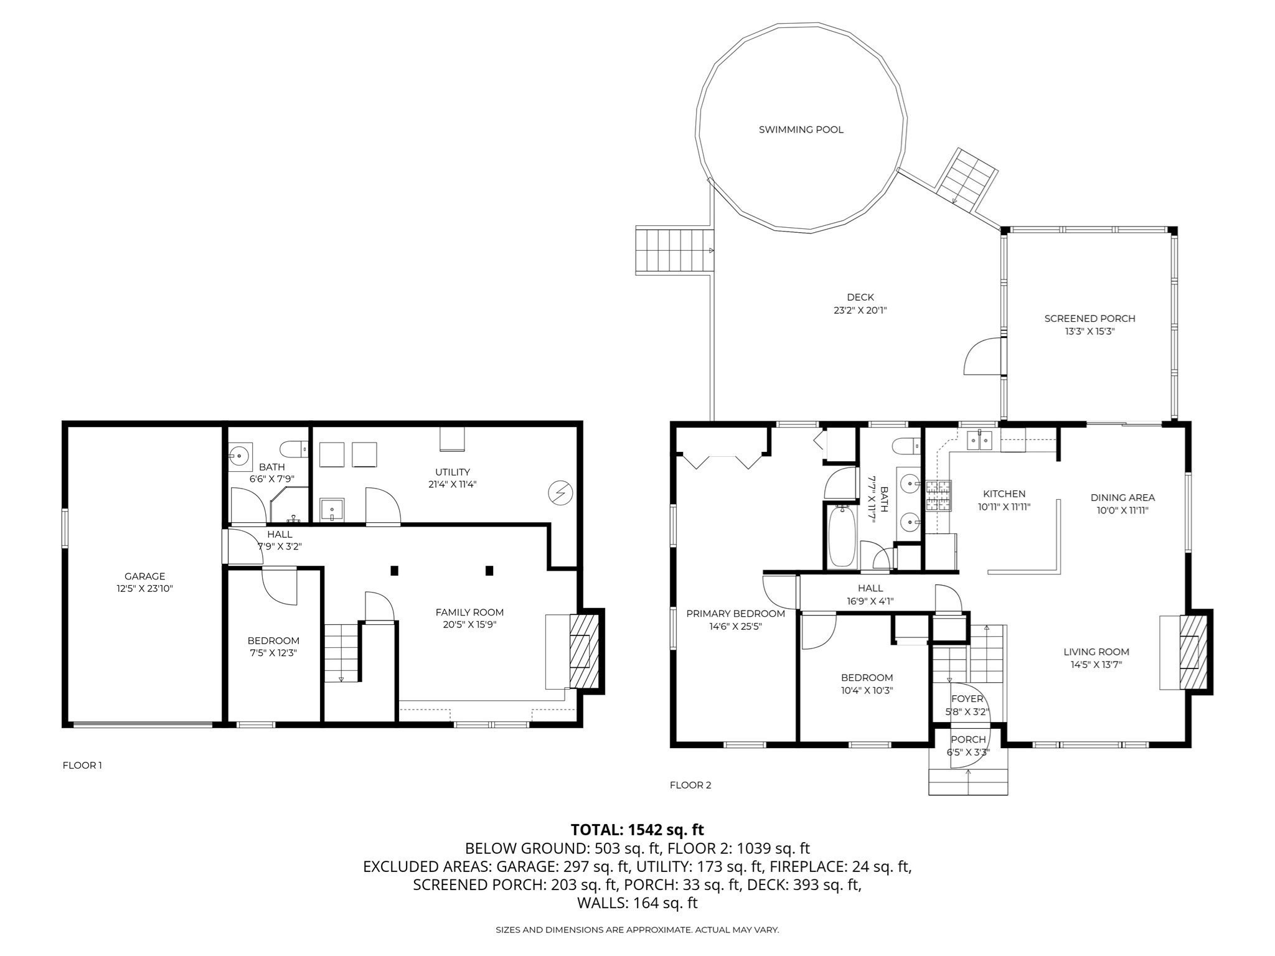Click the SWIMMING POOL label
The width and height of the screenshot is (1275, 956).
tap(801, 129)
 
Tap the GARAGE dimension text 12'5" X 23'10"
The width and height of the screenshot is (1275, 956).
tap(144, 588)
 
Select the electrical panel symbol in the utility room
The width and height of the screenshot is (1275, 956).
tap(560, 494)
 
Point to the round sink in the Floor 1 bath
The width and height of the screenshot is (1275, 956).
tap(239, 455)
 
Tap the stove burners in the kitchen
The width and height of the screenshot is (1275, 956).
tap(938, 496)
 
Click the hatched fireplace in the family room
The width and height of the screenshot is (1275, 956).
tap(584, 651)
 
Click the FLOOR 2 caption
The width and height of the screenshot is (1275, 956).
tap(690, 785)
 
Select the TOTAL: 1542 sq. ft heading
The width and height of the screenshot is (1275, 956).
tap(637, 830)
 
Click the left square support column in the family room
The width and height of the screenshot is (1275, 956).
tap(394, 570)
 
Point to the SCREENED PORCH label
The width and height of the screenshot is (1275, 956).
tap(1089, 318)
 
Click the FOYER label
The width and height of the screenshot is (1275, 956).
tap(967, 699)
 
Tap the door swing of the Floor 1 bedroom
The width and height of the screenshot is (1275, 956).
tap(280, 586)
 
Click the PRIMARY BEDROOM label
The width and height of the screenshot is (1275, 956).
tap(735, 614)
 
